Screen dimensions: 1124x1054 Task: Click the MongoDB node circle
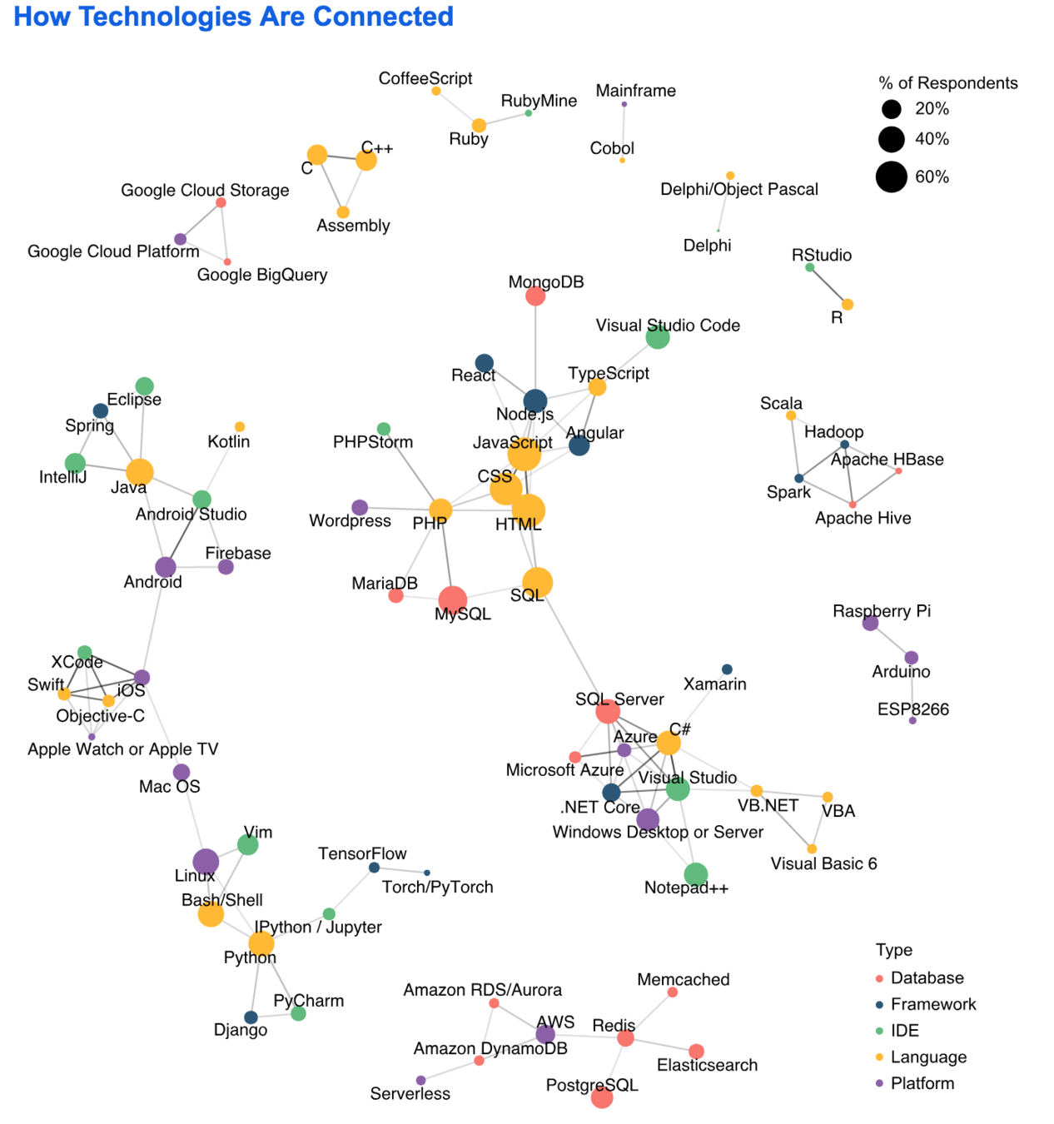(x=535, y=296)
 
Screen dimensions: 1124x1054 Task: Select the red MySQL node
(x=452, y=599)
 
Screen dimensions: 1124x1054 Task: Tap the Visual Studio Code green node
(x=658, y=337)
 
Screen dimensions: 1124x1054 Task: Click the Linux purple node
(x=206, y=862)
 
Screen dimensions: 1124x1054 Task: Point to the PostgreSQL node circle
(x=602, y=1097)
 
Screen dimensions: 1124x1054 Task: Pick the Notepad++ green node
(x=696, y=874)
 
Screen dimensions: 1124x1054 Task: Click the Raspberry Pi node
(x=870, y=623)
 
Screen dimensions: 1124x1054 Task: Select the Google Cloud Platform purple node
(x=180, y=240)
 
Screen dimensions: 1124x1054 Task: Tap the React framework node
(x=485, y=363)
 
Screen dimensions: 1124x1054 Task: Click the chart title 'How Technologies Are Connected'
(x=234, y=17)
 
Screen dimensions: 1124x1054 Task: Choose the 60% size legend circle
(x=891, y=177)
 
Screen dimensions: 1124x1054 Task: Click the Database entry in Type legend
(x=927, y=978)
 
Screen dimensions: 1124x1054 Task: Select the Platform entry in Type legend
(x=922, y=1083)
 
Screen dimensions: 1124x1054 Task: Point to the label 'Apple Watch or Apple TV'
(x=122, y=749)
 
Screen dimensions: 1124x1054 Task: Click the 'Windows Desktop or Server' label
(x=658, y=833)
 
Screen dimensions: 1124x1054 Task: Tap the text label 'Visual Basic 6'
(x=823, y=864)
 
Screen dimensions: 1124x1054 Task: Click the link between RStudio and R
(x=828, y=286)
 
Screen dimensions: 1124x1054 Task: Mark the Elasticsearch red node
(x=697, y=1052)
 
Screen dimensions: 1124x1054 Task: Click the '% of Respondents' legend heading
(x=947, y=83)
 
